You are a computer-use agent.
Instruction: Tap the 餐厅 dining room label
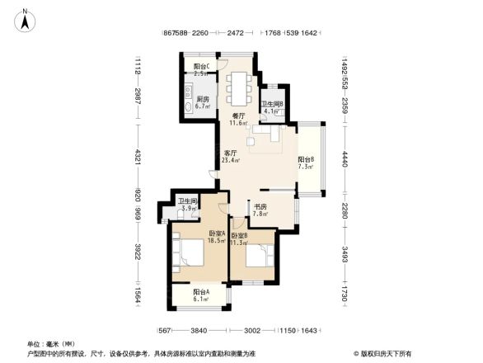coord(239,116)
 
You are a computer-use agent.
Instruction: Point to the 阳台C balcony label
coord(201,67)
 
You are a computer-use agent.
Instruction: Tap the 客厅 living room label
coord(231,153)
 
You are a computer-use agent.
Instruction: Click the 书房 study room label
coord(260,206)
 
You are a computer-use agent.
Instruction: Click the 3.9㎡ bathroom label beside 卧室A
coord(187,209)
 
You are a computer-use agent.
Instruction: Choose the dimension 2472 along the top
coord(235,34)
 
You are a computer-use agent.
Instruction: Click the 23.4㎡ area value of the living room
coord(231,161)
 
